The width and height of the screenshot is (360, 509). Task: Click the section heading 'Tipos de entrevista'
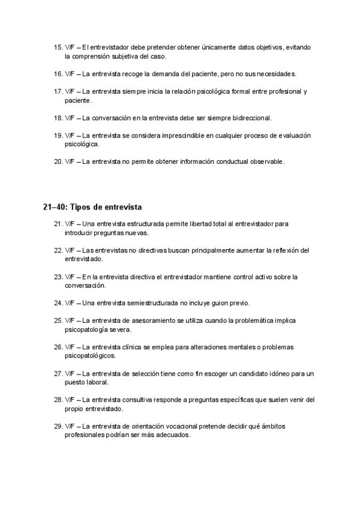pos(106,208)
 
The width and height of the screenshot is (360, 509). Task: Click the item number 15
pos(58,47)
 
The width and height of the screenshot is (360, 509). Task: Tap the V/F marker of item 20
pos(70,161)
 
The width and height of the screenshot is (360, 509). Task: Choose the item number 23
pos(58,277)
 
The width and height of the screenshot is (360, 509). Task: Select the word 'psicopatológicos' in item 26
pos(90,355)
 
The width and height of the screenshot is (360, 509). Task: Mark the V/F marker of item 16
pos(70,74)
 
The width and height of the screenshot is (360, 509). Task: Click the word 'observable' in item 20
pos(262,161)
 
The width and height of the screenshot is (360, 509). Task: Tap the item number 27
pos(58,373)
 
